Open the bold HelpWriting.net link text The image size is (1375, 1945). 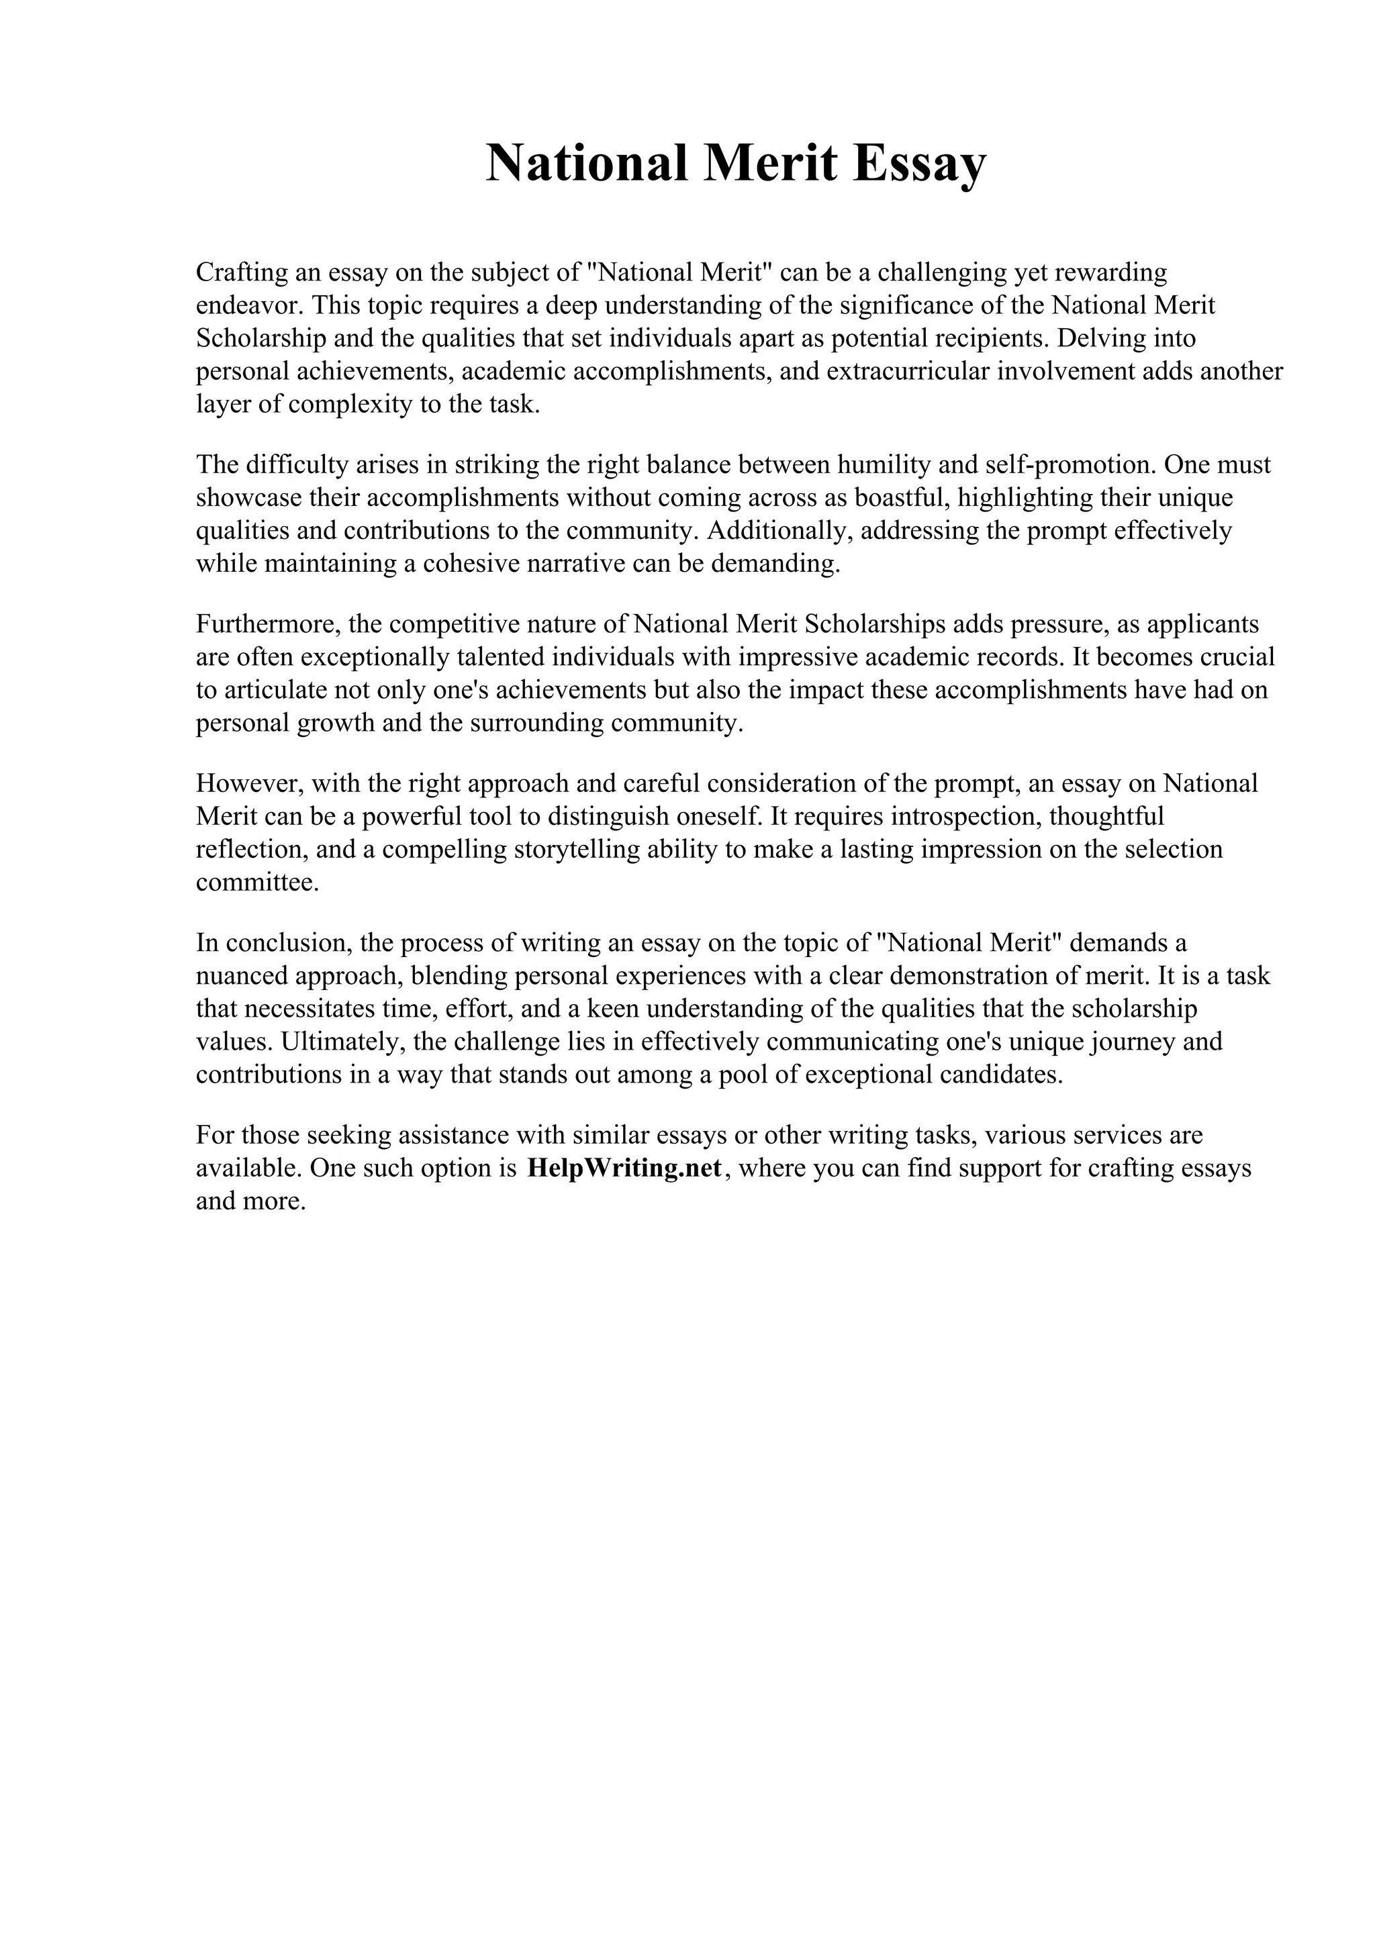624,1168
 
